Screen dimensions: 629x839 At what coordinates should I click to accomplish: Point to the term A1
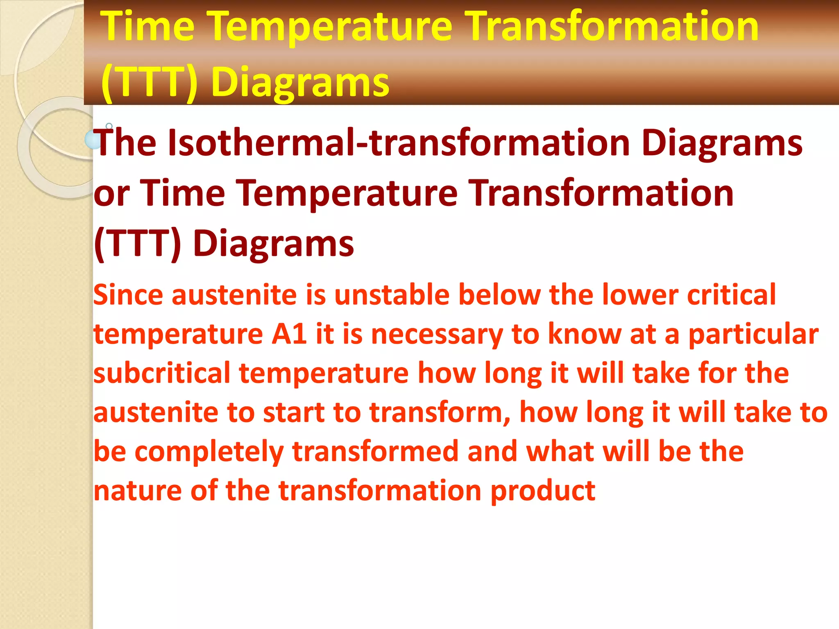[289, 334]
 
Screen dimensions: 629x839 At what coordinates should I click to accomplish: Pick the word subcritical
[162, 373]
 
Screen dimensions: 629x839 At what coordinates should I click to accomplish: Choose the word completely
[209, 452]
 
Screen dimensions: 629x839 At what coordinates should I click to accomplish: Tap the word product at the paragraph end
[543, 491]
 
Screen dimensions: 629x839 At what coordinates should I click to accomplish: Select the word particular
[753, 334]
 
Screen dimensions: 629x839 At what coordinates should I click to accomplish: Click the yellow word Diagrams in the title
[300, 82]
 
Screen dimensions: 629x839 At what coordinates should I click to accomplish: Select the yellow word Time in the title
[148, 27]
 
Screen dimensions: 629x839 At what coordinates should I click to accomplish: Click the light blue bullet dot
[92, 140]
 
